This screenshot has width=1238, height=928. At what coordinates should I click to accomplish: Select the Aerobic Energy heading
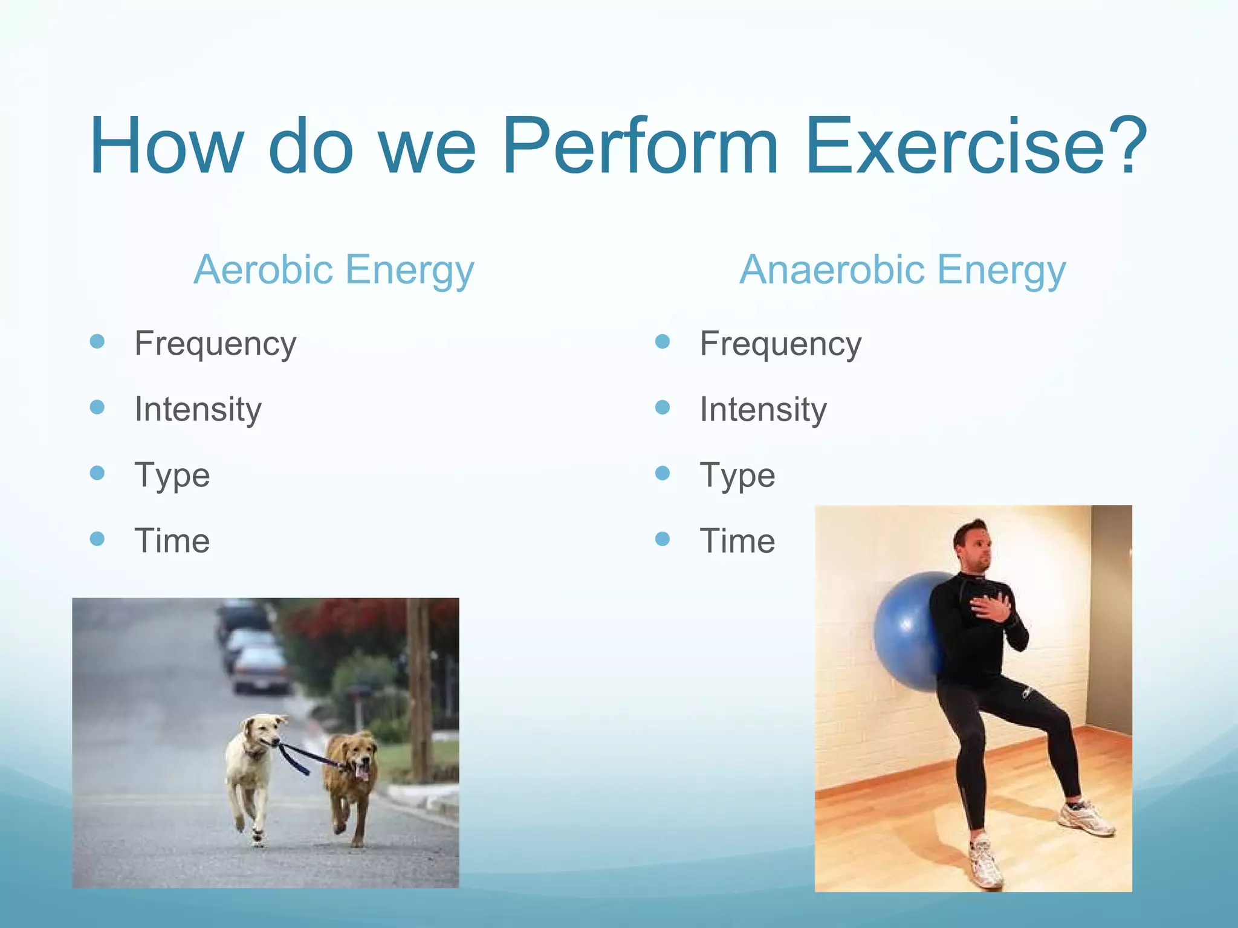pyautogui.click(x=334, y=269)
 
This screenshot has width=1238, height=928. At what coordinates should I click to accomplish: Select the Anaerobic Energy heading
pyautogui.click(x=903, y=269)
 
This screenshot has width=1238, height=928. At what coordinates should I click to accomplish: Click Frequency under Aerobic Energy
pyautogui.click(x=215, y=344)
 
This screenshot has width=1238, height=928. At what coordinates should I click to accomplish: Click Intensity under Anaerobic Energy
pyautogui.click(x=763, y=410)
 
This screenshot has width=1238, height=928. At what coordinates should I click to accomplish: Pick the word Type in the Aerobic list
pyautogui.click(x=172, y=475)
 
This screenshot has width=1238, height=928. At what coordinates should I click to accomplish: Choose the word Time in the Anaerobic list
pyautogui.click(x=737, y=541)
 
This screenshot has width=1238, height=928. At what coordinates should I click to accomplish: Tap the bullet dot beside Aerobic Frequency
pyautogui.click(x=97, y=341)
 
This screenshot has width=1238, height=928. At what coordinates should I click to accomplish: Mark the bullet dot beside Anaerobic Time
pyautogui.click(x=663, y=538)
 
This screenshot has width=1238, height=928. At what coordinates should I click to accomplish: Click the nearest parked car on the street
pyautogui.click(x=260, y=671)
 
